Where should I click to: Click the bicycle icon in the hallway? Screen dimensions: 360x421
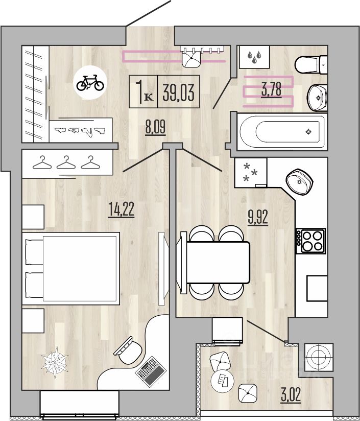tap(90, 83)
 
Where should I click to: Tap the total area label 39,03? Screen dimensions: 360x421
tap(178, 92)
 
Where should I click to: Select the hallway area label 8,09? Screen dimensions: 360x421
tap(155, 127)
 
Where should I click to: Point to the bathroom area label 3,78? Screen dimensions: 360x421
tap(272, 90)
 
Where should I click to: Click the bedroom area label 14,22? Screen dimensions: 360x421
tap(121, 209)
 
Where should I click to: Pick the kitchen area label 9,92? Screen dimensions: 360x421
tap(258, 217)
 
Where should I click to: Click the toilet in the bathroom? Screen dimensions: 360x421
tap(311, 64)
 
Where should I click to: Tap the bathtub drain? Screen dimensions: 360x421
tap(309, 132)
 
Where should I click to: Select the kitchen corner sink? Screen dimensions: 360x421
tap(300, 182)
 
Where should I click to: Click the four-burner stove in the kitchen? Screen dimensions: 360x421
tap(310, 241)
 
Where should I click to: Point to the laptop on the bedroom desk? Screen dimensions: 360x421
tap(151, 371)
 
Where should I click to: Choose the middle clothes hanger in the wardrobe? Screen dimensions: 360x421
tap(66, 162)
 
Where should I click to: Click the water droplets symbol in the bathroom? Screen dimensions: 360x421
tap(254, 57)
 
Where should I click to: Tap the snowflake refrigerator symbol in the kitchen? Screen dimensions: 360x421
tap(250, 172)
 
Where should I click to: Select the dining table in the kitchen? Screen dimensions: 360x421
tap(218, 262)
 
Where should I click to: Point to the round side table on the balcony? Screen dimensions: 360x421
tap(223, 381)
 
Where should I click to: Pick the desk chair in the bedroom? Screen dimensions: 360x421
tap(128, 350)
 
